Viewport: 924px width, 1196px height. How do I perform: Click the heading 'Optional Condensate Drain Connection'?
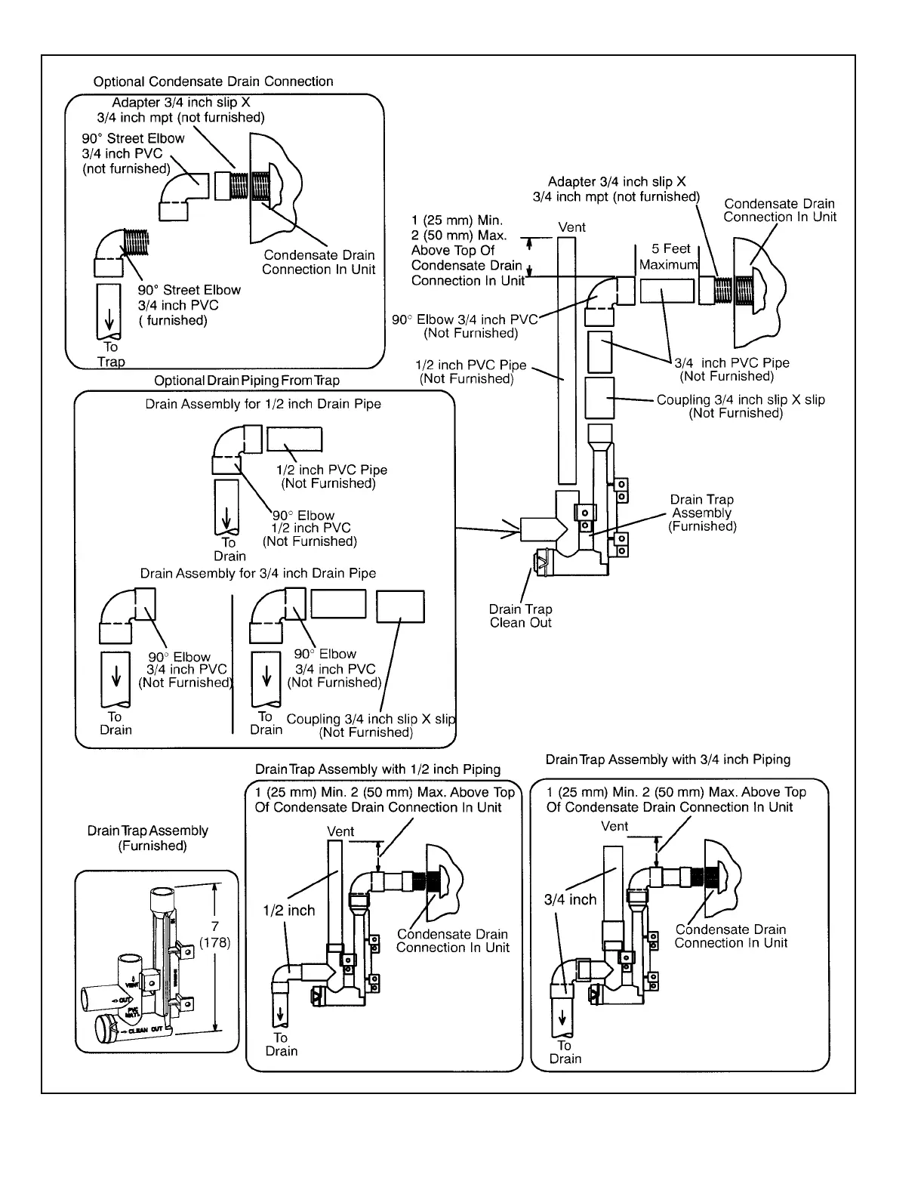click(x=213, y=82)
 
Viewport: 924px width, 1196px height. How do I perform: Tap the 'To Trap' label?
click(x=111, y=354)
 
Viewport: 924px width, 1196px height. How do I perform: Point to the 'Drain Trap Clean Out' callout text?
click(x=521, y=616)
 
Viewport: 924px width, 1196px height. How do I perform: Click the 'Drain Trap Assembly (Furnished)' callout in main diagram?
click(x=702, y=513)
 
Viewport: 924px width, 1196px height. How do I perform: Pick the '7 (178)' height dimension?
click(x=214, y=935)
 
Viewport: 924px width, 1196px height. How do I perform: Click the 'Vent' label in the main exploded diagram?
click(x=571, y=227)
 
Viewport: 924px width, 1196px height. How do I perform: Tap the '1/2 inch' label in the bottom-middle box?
click(x=288, y=911)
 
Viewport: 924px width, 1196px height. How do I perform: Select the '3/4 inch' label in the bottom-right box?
click(x=570, y=899)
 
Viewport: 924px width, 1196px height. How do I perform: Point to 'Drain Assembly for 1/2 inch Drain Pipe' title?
click(x=263, y=404)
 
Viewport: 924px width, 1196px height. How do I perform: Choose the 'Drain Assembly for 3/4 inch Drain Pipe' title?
click(x=258, y=574)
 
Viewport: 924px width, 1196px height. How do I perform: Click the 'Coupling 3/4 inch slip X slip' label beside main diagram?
click(x=741, y=406)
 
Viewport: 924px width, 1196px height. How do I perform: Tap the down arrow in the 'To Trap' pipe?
click(x=109, y=321)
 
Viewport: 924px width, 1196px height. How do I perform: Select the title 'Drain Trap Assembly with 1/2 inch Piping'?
click(x=377, y=769)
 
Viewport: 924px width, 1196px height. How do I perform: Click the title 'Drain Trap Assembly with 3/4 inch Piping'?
click(x=667, y=760)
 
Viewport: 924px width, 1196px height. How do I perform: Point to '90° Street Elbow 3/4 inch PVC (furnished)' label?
click(x=189, y=305)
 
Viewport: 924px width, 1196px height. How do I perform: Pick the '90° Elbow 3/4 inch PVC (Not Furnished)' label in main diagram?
click(x=466, y=326)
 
